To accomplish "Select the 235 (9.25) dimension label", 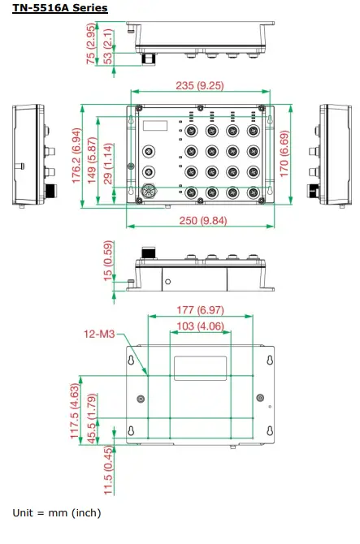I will (200, 84).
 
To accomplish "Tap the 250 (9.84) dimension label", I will (201, 221).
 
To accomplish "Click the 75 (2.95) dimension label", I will (92, 44).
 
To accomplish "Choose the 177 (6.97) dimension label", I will (200, 310).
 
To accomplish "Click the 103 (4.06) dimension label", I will (199, 326).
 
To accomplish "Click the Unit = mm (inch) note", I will (57, 513).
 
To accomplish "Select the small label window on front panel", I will (156, 125).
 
